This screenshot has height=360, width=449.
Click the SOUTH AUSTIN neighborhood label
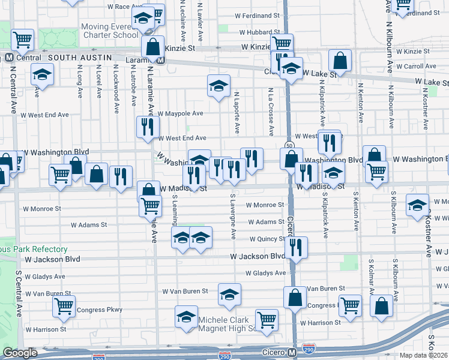click(80, 57)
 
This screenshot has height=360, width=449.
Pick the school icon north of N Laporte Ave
click(218, 85)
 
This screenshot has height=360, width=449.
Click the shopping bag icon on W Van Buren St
click(295, 297)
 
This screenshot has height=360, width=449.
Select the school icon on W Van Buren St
click(229, 294)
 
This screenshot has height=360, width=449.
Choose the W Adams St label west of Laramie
click(88, 226)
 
